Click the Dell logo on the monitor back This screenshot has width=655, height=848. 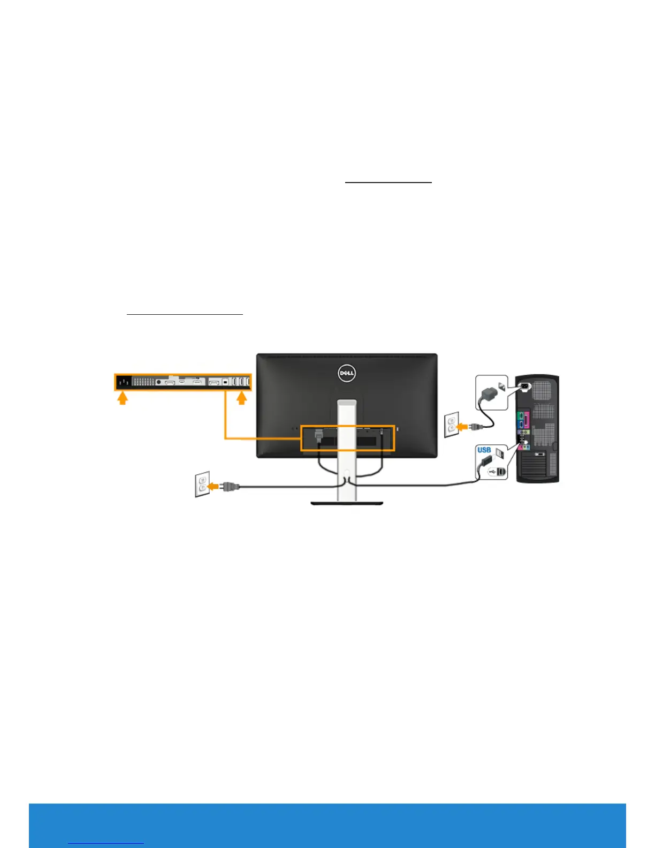pos(347,373)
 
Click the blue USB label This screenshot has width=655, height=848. pos(484,450)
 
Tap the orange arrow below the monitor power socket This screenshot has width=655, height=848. pos(123,398)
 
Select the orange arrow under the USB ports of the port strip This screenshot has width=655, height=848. pos(242,398)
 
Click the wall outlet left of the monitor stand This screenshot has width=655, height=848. pos(202,484)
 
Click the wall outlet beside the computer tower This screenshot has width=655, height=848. pos(451,425)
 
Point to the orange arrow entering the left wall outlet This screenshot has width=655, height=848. pos(214,486)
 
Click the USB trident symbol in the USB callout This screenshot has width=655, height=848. pos(491,472)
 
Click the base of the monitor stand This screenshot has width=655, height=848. pos(347,503)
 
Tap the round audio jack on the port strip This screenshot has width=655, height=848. pos(158,382)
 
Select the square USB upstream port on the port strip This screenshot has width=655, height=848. pos(225,382)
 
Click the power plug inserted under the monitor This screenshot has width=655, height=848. pos(319,435)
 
